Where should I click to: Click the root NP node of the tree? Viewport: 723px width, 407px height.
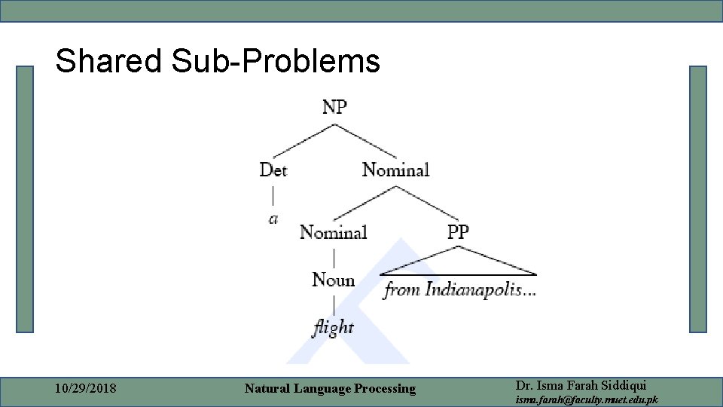coord(334,107)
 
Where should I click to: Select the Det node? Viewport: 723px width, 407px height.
coord(273,170)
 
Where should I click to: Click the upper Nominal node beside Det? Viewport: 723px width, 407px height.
coord(395,170)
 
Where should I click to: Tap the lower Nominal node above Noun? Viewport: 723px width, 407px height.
coord(333,232)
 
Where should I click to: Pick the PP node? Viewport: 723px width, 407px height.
coord(458,232)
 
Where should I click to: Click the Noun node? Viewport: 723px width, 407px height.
coord(333,280)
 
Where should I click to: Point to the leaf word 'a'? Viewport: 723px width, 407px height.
coord(273,219)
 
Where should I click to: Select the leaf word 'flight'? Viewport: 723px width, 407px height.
coord(333,327)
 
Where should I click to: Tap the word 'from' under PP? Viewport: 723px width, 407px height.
coord(402,289)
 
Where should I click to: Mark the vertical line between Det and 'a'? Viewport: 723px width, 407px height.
coord(273,194)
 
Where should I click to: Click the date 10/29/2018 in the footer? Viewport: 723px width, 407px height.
coord(86,389)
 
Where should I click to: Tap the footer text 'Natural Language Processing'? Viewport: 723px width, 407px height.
coord(330,389)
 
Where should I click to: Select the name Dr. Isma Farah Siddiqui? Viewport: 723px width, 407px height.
coord(578,384)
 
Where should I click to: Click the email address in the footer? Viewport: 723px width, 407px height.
coord(585,399)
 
